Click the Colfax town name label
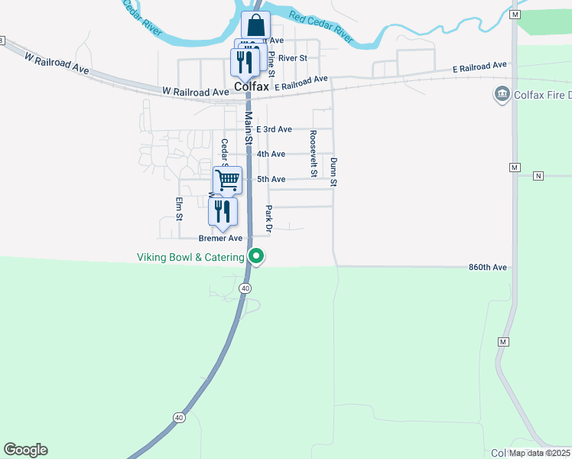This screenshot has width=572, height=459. pyautogui.click(x=252, y=87)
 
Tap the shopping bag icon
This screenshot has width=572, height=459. pyautogui.click(x=255, y=24)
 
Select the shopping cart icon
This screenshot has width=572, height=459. pyautogui.click(x=227, y=181)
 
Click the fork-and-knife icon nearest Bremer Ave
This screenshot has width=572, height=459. pyautogui.click(x=223, y=211)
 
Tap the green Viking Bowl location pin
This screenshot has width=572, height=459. pyautogui.click(x=258, y=256)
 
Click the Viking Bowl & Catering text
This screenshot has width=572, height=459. pyautogui.click(x=190, y=257)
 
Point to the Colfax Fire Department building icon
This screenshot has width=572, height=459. pyautogui.click(x=502, y=95)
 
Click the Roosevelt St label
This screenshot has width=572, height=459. pyautogui.click(x=313, y=153)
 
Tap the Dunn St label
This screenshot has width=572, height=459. pyautogui.click(x=334, y=172)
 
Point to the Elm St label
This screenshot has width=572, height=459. pyautogui.click(x=179, y=208)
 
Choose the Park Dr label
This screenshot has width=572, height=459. pyautogui.click(x=268, y=218)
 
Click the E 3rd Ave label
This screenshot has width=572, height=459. pyautogui.click(x=274, y=129)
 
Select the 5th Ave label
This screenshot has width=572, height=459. pyautogui.click(x=271, y=179)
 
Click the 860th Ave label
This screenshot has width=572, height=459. pyautogui.click(x=488, y=267)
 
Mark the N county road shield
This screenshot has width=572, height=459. pyautogui.click(x=538, y=176)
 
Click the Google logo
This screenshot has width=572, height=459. pyautogui.click(x=25, y=450)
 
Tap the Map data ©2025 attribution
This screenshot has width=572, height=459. pyautogui.click(x=539, y=453)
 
